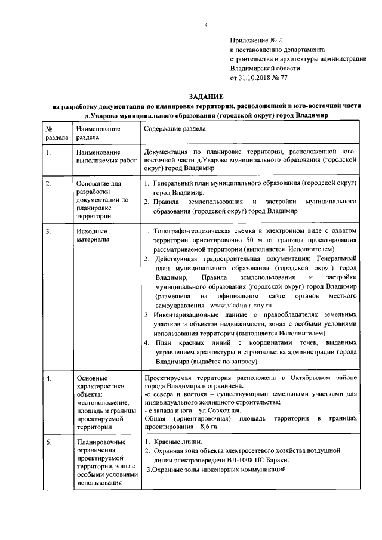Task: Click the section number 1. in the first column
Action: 48,153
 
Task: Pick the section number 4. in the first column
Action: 48,378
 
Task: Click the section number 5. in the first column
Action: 48,442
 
